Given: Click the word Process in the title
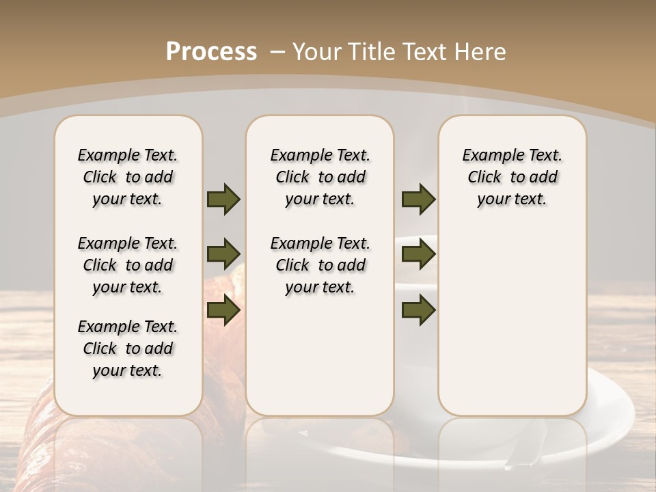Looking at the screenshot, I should point(211,51).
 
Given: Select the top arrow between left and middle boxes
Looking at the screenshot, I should point(223,199).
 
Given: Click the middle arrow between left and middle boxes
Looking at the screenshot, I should point(223,254).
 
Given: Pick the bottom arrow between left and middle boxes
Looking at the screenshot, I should point(223,310).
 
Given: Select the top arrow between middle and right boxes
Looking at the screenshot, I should point(418,199).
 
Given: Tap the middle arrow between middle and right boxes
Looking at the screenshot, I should point(418,254).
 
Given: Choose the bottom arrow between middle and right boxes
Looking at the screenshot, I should point(418,310).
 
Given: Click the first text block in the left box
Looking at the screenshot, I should point(128,177).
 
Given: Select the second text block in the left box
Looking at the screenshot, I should point(128,265).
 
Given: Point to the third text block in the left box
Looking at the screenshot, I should point(128,348).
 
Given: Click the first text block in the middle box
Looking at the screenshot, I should point(320,177).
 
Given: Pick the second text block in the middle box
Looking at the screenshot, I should point(320,265).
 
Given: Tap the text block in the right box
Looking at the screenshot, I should point(512,177).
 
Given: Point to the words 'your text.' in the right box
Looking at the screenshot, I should point(512,200).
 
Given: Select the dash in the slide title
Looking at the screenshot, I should point(277,51).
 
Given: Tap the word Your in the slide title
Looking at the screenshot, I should point(317,51).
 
